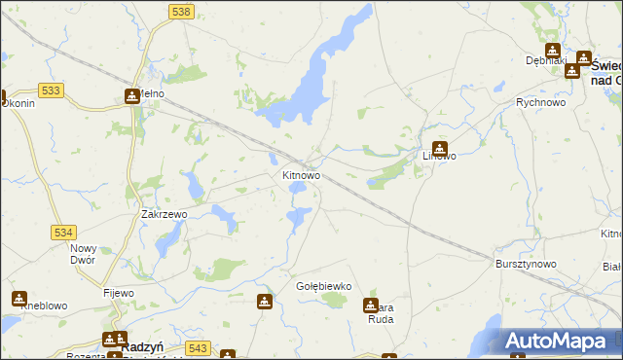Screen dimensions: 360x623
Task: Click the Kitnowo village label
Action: [301, 176]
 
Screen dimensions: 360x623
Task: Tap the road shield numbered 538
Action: [180, 11]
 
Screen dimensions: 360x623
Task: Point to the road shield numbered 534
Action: [63, 233]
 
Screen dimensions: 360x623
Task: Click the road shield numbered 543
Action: [199, 347]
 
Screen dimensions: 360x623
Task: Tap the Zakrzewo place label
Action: [164, 214]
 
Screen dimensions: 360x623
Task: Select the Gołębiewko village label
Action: [322, 286]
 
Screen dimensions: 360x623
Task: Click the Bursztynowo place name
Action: [525, 264]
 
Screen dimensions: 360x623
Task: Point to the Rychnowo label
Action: [542, 102]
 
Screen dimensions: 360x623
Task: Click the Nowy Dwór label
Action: [84, 254]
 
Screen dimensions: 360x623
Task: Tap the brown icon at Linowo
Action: [440, 150]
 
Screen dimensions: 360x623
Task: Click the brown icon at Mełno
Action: [132, 96]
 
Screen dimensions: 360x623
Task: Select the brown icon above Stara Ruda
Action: [371, 306]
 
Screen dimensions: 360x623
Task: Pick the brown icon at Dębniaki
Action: [553, 51]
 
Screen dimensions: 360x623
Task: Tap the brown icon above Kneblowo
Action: [18, 298]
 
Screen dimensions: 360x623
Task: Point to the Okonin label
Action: [19, 103]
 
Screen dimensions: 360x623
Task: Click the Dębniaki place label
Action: [545, 60]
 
